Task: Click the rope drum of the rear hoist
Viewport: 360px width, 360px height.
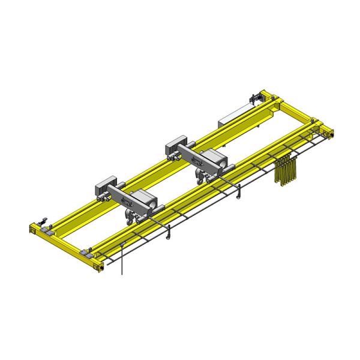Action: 214,161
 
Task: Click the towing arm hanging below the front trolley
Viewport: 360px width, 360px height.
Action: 170,229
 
